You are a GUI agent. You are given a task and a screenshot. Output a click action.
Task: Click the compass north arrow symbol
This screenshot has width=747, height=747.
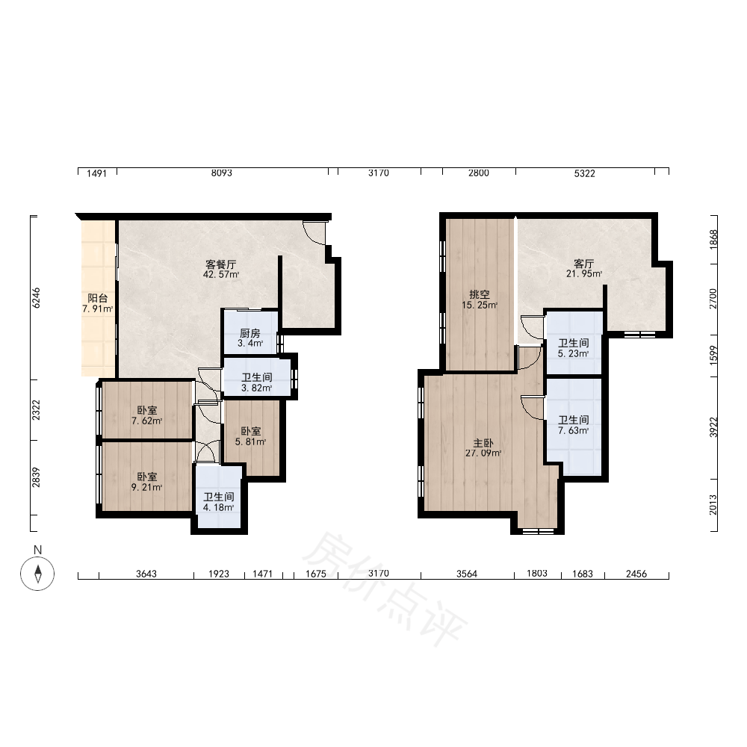coord(37,573)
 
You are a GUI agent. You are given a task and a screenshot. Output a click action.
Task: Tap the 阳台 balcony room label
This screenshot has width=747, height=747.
coord(98,298)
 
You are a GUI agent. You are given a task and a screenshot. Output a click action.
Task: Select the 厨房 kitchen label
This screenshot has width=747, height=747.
coord(250,333)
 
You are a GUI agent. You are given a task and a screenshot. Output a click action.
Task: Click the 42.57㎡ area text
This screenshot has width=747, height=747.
coord(221,275)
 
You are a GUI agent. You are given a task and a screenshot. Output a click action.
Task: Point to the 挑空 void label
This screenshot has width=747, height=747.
coord(480,294)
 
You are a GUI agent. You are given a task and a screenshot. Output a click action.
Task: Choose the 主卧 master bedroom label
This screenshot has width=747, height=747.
coord(483,443)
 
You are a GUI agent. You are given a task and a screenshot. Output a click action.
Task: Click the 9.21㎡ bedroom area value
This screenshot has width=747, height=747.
coord(146,487)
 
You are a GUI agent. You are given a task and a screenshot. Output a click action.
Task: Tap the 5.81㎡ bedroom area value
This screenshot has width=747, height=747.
coord(250,442)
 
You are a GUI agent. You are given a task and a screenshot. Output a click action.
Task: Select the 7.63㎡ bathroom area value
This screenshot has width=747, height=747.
coord(574,431)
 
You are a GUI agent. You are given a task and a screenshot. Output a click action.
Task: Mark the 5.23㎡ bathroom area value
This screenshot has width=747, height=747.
coord(574,353)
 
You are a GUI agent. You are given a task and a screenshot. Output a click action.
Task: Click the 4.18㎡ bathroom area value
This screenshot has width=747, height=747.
coord(219,507)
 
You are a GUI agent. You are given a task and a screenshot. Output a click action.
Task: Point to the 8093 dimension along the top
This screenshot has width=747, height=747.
coord(222,173)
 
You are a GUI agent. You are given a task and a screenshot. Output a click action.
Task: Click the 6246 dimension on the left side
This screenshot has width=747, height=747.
coord(36,298)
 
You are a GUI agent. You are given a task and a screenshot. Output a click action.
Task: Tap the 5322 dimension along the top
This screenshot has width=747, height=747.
coord(585,173)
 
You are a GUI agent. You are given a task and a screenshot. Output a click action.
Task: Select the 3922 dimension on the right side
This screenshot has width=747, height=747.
coord(713,427)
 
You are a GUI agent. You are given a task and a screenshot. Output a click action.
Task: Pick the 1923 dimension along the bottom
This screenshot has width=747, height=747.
coord(219,574)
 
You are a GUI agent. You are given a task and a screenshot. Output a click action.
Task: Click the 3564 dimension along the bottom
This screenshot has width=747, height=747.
coord(467,574)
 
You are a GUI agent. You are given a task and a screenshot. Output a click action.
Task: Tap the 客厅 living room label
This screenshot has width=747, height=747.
coord(584,264)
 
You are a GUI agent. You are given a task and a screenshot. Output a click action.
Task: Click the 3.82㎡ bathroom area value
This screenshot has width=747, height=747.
coord(257,388)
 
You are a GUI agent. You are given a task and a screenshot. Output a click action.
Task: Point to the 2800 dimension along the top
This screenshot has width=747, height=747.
coord(478,173)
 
